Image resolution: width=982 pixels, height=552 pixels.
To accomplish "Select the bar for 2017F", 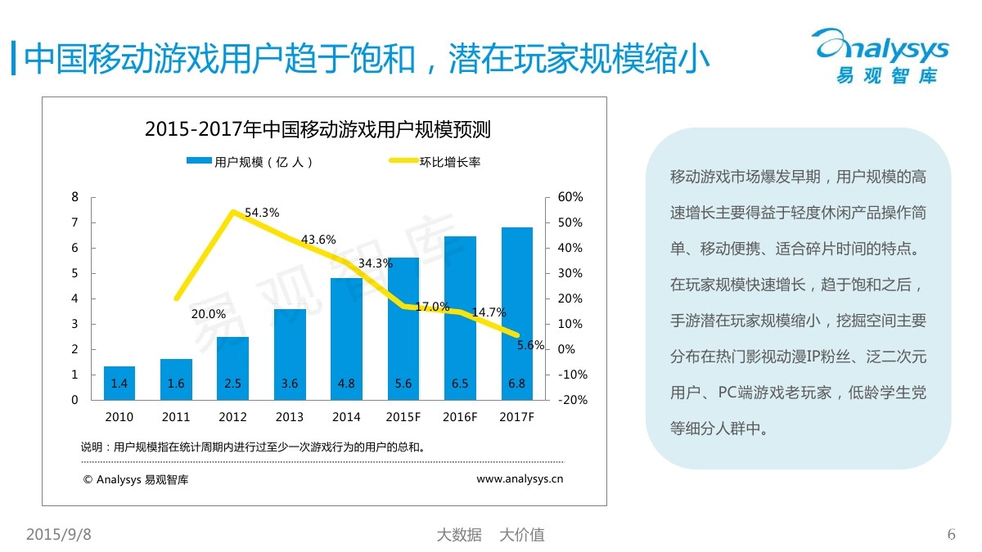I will (x=516, y=311).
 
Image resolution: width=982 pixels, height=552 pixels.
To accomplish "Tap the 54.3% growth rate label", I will (x=262, y=213).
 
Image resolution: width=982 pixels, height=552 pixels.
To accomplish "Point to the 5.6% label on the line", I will (x=530, y=345).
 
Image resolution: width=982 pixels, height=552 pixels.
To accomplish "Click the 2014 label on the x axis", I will (x=346, y=417).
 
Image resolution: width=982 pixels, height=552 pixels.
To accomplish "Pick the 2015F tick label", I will (x=403, y=417).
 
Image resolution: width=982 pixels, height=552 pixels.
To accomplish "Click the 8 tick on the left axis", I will (x=75, y=197).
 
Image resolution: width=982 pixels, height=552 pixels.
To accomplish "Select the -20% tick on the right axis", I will (x=572, y=400).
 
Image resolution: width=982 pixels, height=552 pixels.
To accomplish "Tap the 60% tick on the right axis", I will (x=570, y=197).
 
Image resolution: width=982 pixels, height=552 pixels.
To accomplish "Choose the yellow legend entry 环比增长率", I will (x=434, y=162).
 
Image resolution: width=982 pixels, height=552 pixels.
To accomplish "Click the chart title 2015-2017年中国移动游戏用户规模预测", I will (x=318, y=129).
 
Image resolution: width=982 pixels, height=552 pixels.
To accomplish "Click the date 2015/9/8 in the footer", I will (x=59, y=535).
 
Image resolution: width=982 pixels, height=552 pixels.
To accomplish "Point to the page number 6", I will (x=951, y=535).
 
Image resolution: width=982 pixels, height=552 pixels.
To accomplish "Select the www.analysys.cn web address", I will (x=520, y=479).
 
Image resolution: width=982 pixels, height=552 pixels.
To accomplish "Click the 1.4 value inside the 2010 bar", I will (x=119, y=383).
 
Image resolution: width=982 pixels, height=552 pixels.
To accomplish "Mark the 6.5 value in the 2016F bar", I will (x=460, y=383).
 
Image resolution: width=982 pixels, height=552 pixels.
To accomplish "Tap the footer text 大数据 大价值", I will (x=490, y=535).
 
